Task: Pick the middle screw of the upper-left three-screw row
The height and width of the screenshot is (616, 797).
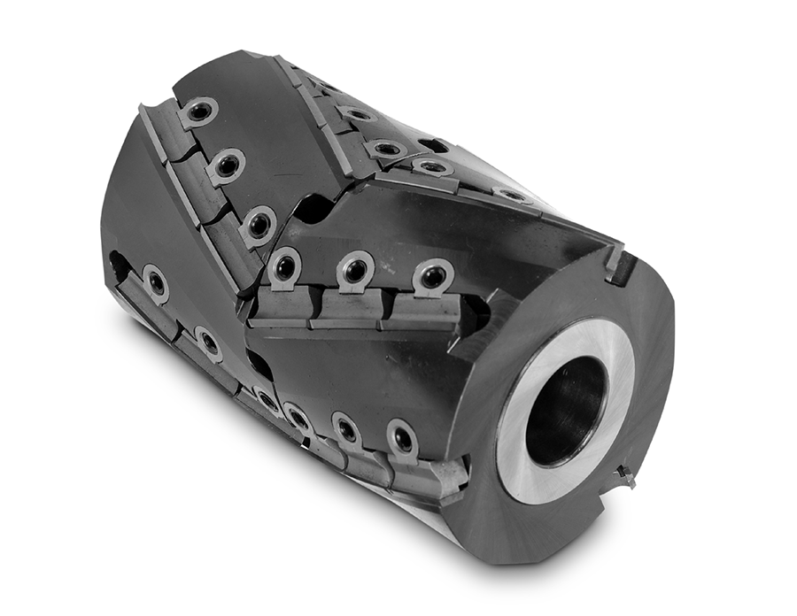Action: coord(228,166)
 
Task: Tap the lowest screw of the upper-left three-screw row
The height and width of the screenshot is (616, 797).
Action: coord(259,223)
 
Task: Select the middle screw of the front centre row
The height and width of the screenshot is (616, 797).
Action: coord(355,270)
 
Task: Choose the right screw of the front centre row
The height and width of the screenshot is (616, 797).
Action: coord(432,275)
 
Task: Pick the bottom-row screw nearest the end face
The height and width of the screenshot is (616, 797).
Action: coord(402,439)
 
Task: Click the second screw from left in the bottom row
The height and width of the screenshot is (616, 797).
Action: coord(209,343)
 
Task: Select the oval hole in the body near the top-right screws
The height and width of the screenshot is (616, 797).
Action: coord(433,144)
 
